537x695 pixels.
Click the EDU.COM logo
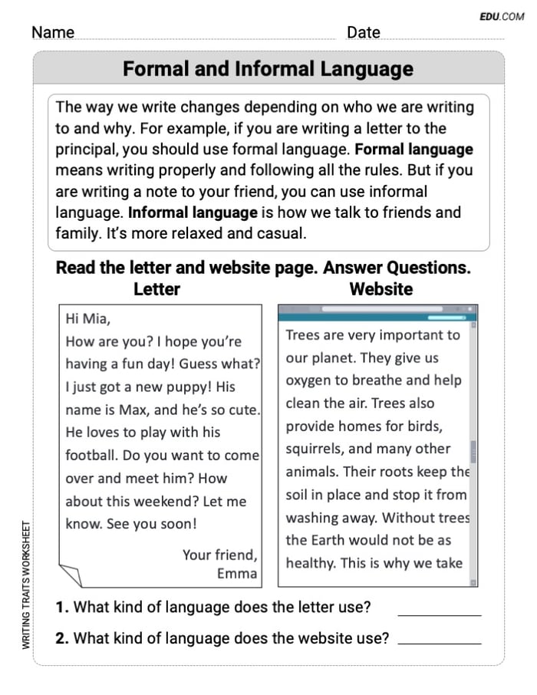click(x=502, y=16)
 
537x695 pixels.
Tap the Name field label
click(x=53, y=32)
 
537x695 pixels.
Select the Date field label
click(x=363, y=32)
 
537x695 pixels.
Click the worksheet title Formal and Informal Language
click(x=268, y=69)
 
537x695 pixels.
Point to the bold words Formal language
click(x=414, y=150)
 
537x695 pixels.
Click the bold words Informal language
click(x=193, y=212)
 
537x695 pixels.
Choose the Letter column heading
click(x=156, y=289)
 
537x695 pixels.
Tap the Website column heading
click(x=381, y=289)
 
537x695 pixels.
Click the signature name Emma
click(x=238, y=574)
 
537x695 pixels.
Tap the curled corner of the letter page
click(x=70, y=575)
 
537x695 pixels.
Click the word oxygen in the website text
click(x=309, y=380)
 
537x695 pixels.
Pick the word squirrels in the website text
click(x=316, y=450)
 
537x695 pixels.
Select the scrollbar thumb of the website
click(x=473, y=452)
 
